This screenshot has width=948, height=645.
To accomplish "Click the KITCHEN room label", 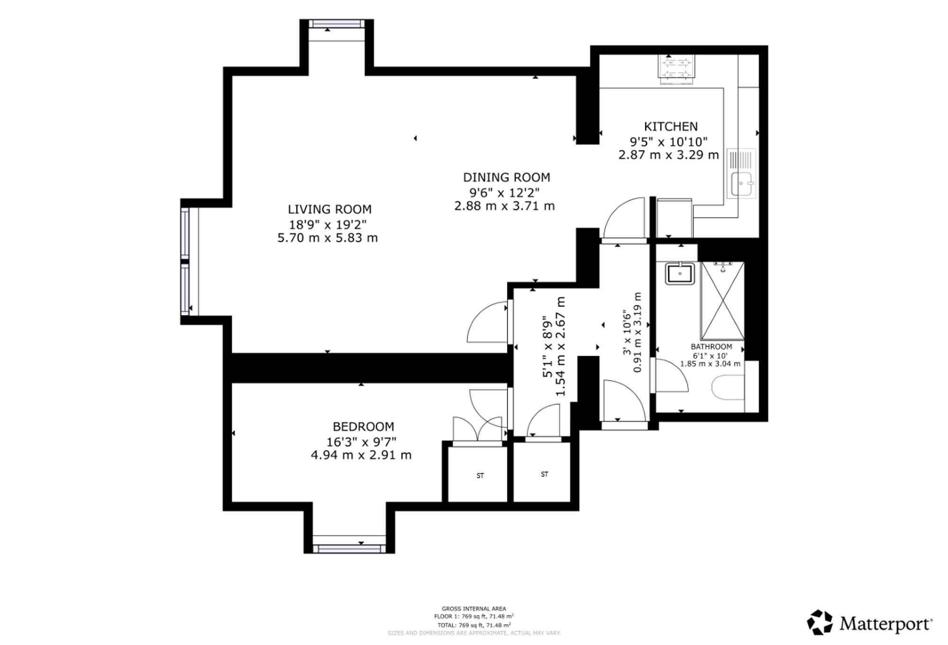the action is click(671, 126).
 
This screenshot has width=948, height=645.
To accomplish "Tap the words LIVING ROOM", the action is click(330, 209).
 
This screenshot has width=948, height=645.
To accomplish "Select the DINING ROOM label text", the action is click(507, 178).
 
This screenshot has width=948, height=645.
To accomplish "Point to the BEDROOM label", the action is click(364, 427).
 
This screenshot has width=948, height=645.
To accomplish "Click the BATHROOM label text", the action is click(711, 347).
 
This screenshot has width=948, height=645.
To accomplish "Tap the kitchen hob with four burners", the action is click(676, 68).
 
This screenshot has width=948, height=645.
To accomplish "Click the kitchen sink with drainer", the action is click(741, 173).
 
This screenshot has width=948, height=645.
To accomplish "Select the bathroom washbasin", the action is click(680, 273).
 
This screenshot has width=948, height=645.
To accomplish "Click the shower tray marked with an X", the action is click(723, 301).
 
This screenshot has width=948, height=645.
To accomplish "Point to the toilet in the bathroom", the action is click(729, 387).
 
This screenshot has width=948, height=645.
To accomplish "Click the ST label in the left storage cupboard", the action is click(480, 476).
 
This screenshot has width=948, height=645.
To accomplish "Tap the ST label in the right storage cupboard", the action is click(545, 475).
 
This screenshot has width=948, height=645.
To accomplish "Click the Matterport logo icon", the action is click(820, 622).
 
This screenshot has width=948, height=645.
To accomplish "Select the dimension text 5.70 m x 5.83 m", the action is click(328, 238).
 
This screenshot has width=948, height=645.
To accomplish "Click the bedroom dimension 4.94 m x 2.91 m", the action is click(361, 455).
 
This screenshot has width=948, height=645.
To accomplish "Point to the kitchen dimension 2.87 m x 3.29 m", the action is click(669, 155).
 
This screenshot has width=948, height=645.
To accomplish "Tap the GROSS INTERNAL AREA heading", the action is click(474, 609).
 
